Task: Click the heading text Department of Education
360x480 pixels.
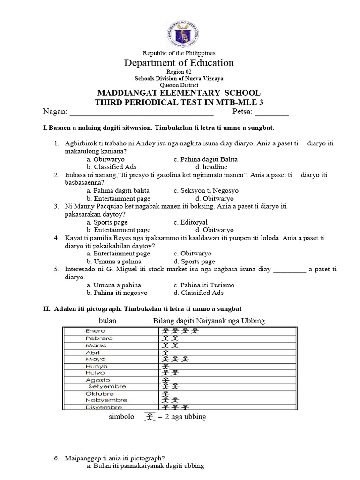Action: pos(179,63)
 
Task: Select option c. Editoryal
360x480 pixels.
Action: pos(190,222)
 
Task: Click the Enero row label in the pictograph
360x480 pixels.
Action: pos(95,331)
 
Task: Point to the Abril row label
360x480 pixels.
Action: pos(93,352)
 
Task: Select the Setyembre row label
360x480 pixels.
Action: pos(107,387)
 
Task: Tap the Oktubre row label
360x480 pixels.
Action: pos(99,394)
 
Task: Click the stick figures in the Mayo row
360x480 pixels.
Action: pos(175,360)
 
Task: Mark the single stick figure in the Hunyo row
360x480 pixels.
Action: pos(165,367)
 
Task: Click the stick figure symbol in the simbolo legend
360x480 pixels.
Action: pos(149,416)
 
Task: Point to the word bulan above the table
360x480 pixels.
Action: pos(107,321)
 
